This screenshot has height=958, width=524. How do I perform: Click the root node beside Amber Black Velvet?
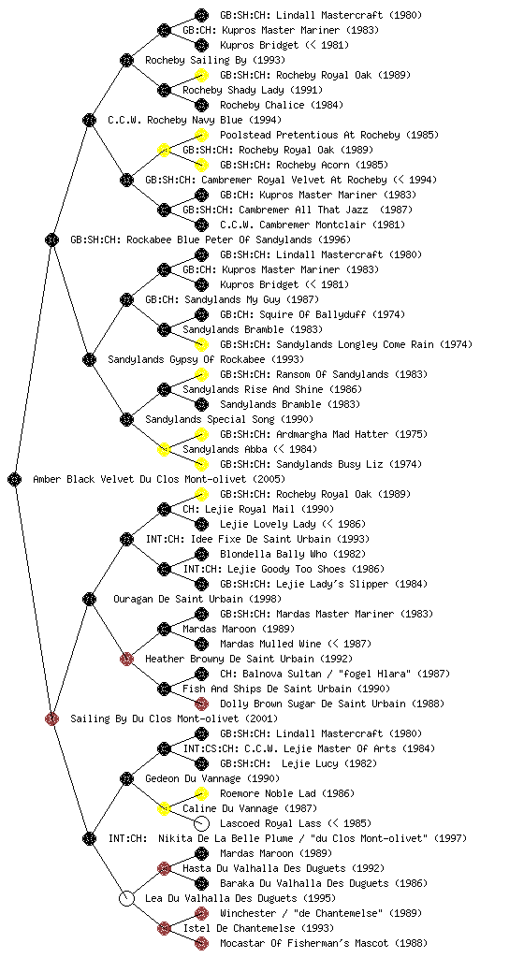point(15,479)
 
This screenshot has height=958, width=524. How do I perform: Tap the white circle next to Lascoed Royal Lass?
point(201,823)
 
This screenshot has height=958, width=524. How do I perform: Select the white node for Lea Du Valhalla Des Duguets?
point(126,898)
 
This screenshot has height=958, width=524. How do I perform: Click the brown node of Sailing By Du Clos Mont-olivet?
point(51,718)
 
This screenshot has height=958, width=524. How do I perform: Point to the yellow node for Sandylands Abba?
point(164,449)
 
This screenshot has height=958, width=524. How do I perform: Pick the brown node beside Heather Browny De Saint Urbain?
point(126,659)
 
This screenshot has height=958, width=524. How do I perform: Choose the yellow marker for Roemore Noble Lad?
point(201,793)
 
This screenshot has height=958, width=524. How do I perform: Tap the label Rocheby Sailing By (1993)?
point(215,60)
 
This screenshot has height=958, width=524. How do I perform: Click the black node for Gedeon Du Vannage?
point(126,778)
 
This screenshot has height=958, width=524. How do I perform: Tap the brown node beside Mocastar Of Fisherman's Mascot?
point(201,943)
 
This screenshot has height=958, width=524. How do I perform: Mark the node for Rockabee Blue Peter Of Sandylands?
point(51,239)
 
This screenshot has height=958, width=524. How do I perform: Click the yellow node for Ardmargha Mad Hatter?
point(201,434)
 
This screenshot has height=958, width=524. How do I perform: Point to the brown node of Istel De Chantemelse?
point(164,928)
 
